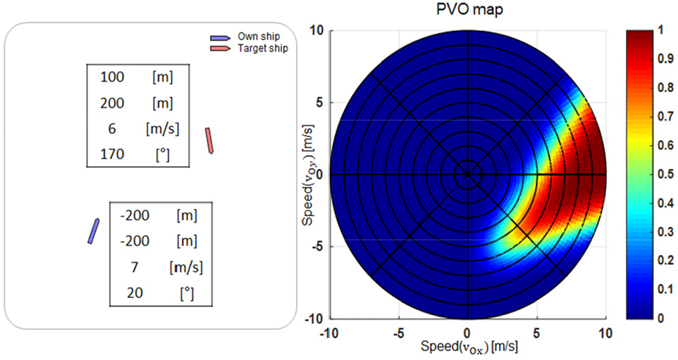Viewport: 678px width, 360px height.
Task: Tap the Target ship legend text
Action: [x=263, y=49]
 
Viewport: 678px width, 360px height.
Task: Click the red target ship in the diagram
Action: [x=209, y=140]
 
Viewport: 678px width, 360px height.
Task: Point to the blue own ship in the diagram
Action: [x=93, y=231]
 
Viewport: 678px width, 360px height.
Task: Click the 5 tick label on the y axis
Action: [x=317, y=103]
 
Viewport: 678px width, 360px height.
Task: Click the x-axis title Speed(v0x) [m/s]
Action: [x=465, y=347]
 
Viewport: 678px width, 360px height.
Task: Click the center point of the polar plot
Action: [x=466, y=174]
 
